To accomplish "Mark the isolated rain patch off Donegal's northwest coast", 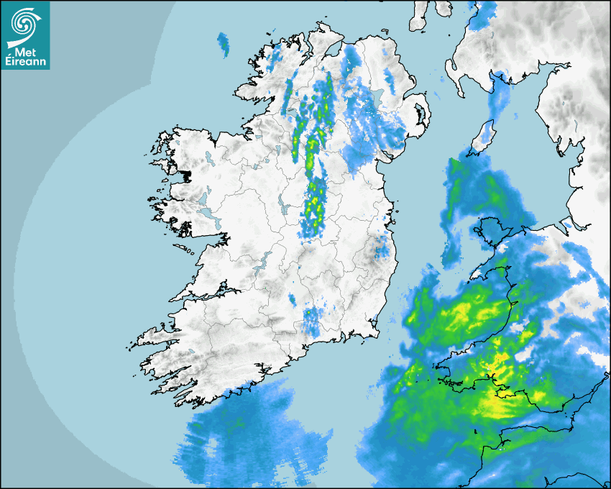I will click(224, 44).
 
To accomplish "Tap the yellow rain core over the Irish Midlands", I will click(315, 205).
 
